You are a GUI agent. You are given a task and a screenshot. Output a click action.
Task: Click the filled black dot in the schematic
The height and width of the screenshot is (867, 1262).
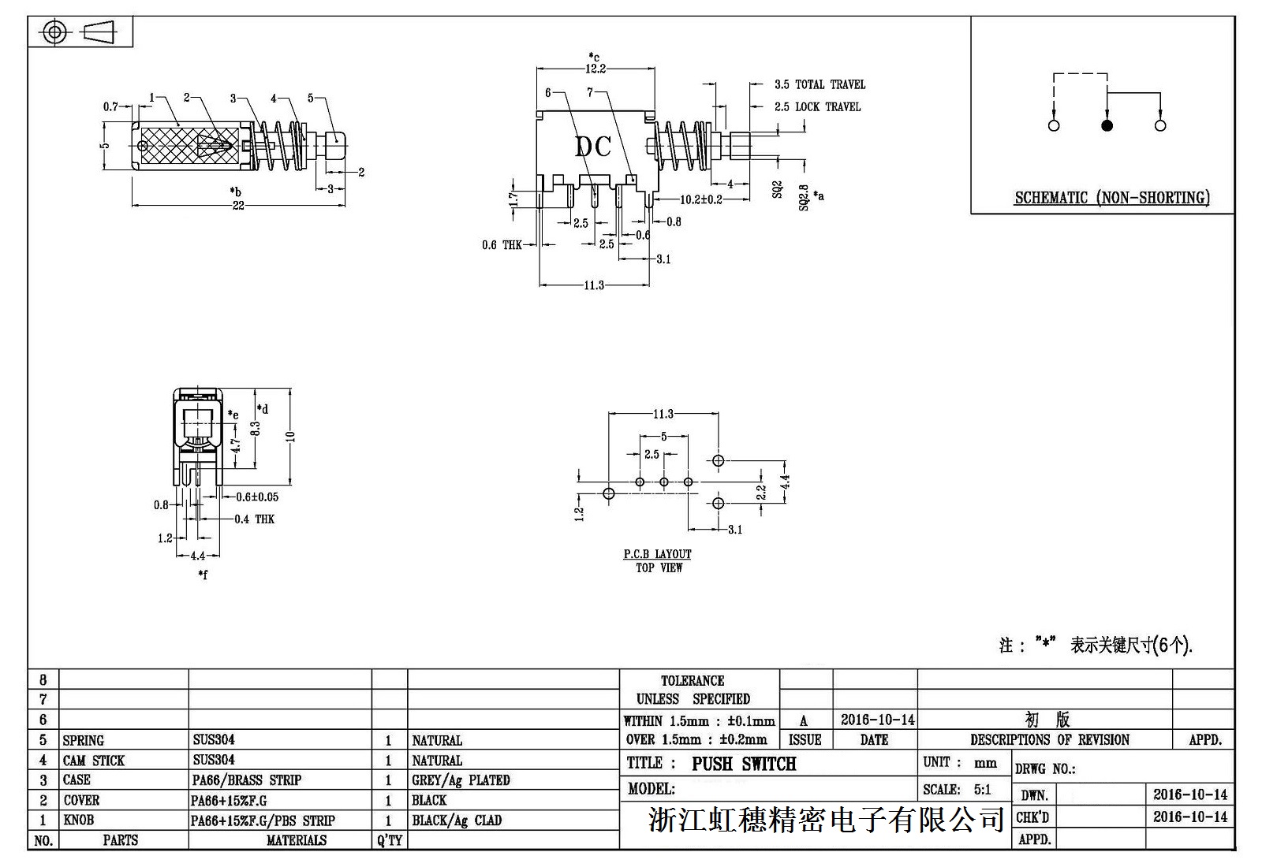point(1107,125)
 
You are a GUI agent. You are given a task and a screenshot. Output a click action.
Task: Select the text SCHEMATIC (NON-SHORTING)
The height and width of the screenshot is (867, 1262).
point(1111,198)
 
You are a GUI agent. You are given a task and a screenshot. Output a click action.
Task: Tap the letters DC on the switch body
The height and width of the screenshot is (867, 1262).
point(592,147)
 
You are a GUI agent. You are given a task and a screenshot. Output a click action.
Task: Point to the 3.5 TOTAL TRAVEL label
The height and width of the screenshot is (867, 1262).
point(820,84)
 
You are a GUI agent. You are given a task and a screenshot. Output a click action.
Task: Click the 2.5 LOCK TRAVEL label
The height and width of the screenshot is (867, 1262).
point(817,106)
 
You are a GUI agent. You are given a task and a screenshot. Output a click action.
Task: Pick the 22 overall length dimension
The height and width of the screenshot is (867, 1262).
point(238,206)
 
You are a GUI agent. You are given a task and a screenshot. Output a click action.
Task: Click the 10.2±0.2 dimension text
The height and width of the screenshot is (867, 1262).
point(701,199)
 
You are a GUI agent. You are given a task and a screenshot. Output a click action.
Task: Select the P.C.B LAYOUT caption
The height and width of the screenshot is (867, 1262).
point(657,554)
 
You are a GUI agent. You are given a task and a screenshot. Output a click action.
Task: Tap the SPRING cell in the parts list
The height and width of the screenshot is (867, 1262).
point(84,740)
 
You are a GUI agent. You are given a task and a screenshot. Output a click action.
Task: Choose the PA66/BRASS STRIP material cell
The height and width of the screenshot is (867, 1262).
point(247,780)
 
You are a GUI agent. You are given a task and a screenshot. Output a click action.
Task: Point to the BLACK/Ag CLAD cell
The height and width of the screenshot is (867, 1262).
point(457,820)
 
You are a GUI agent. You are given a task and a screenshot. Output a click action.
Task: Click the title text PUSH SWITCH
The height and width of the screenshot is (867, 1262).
point(744,764)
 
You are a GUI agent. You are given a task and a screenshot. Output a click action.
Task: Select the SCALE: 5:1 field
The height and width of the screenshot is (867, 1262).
point(957,790)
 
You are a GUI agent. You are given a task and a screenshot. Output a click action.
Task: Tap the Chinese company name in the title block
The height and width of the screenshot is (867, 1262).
point(825,820)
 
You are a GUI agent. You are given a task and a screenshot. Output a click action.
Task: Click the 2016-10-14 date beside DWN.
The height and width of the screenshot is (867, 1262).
point(1190,794)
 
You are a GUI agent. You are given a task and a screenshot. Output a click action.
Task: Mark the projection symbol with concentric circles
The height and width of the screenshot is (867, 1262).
point(54,32)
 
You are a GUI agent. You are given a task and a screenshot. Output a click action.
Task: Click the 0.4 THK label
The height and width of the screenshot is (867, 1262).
point(254,519)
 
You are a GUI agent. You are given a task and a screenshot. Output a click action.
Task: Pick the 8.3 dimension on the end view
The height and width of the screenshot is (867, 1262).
point(255,430)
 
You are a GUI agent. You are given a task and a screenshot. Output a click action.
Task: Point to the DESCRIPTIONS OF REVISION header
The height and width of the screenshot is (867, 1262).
point(1049,740)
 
